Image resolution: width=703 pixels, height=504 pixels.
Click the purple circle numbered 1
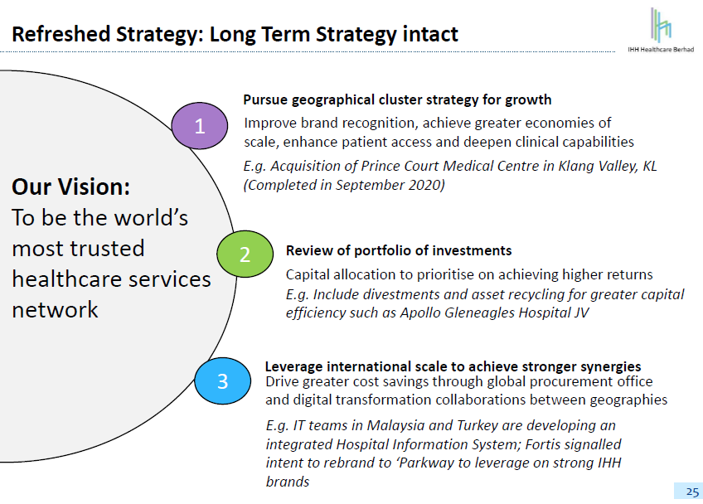(200, 125)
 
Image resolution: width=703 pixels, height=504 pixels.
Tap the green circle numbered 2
(245, 254)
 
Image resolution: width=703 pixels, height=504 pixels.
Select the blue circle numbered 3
(222, 380)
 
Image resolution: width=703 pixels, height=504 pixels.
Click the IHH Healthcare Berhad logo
(661, 30)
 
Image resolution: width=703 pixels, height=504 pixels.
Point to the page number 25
(692, 492)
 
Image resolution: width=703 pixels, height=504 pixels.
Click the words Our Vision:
(70, 187)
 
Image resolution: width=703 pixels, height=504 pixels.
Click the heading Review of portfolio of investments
(399, 250)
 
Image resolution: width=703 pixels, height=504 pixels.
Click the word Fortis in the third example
(542, 444)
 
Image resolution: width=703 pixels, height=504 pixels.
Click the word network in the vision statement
(55, 310)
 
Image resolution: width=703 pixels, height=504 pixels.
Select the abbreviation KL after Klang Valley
(650, 166)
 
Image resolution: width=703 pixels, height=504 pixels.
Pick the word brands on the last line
(288, 482)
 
